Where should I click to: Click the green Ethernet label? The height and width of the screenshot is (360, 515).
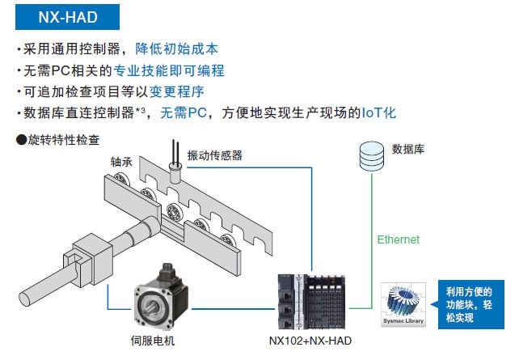point(399,239)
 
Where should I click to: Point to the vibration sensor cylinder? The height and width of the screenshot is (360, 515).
point(173,172)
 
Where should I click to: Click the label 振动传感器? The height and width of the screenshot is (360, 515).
point(214,155)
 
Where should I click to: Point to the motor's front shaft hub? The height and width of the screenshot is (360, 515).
point(150,307)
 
